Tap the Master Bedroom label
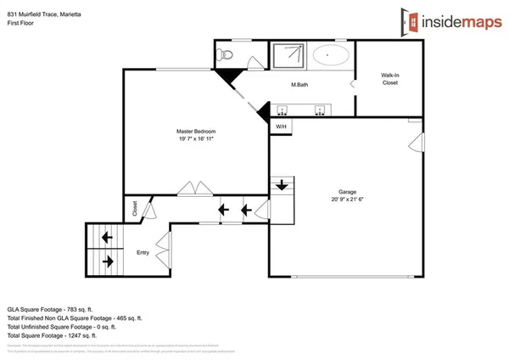196,132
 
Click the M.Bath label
299,85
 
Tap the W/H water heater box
280,127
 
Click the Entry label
143,252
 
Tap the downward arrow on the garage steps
281,184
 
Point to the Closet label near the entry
135,207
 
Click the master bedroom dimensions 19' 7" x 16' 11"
196,139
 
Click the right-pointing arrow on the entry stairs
109,261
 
